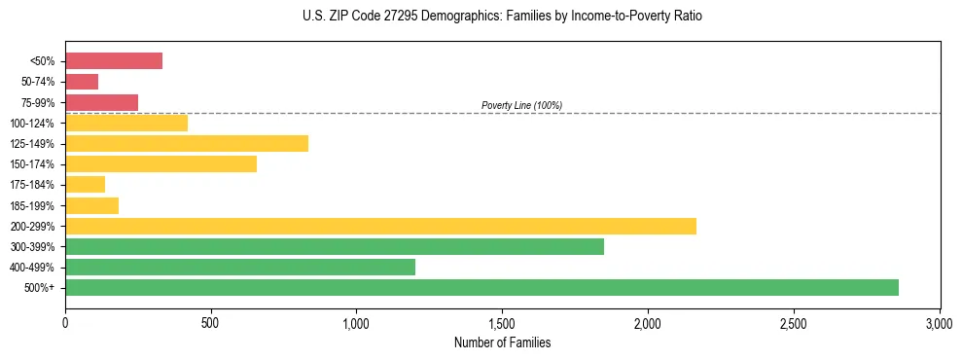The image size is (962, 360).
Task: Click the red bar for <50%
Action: (114, 61)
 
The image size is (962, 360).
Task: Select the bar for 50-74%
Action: (82, 82)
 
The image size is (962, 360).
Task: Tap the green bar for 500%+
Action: (481, 287)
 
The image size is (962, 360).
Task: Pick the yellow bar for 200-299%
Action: (380, 226)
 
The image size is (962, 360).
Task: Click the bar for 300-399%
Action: (335, 246)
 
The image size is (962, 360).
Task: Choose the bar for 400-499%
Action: (240, 267)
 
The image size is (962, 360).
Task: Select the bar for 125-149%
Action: (187, 144)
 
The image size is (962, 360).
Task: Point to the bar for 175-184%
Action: (85, 185)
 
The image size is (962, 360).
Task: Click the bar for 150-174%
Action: (160, 164)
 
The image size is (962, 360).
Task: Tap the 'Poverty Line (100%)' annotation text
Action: (521, 105)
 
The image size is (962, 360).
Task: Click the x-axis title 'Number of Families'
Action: (502, 342)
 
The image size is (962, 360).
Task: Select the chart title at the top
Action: (502, 17)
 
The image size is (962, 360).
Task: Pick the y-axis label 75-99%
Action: (38, 103)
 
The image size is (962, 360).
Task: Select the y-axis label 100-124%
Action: (36, 124)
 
